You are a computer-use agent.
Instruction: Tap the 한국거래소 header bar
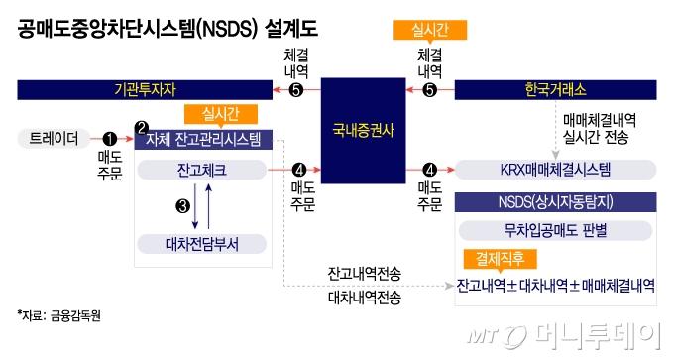pos(555,92)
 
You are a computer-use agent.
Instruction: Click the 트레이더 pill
pos(55,138)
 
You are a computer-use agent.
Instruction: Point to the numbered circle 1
pos(110,139)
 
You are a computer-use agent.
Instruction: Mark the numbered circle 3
pos(181,206)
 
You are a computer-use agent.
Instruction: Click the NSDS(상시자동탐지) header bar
pos(555,202)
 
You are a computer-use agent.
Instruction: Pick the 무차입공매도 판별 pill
pos(555,232)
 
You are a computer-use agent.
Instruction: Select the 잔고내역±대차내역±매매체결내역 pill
pos(555,286)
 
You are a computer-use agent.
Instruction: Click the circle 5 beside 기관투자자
pos(295,92)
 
